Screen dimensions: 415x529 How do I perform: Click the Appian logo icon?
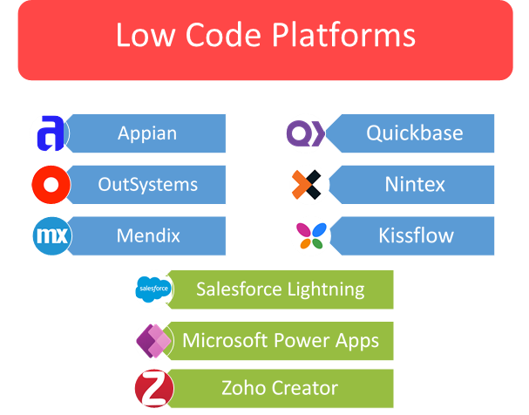(x=49, y=134)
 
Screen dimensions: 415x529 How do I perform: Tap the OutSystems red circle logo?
(x=50, y=185)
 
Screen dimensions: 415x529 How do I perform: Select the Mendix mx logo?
(x=51, y=235)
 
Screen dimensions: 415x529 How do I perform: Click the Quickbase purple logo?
(x=306, y=134)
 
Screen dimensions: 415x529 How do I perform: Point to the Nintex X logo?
(x=308, y=185)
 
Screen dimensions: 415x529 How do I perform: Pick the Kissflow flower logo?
(x=309, y=235)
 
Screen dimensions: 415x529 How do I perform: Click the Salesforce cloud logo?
(x=153, y=290)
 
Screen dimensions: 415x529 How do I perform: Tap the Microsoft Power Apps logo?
(x=153, y=340)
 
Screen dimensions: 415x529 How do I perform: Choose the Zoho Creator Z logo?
(x=153, y=388)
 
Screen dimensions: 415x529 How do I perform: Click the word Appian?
(x=147, y=134)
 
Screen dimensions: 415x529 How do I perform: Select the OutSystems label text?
(x=147, y=185)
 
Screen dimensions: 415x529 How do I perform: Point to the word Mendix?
(x=147, y=235)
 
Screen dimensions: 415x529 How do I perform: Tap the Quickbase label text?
(x=414, y=134)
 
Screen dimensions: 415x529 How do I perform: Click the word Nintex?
(x=415, y=185)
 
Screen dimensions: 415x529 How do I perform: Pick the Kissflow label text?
(x=416, y=235)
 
